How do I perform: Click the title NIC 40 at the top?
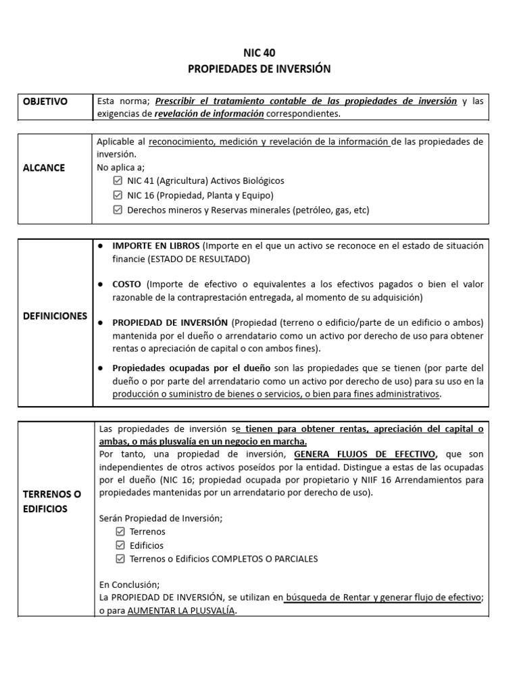pyautogui.click(x=259, y=53)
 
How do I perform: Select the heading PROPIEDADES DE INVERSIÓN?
pyautogui.click(x=259, y=69)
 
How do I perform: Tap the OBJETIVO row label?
pyautogui.click(x=45, y=101)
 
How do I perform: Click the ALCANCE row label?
pyautogui.click(x=44, y=168)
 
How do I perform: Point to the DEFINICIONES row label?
pyautogui.click(x=55, y=316)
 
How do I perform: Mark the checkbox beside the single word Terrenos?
pyautogui.click(x=120, y=532)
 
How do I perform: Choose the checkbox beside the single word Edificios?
pyautogui.click(x=120, y=545)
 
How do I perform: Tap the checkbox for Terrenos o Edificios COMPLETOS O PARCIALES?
pyautogui.click(x=120, y=559)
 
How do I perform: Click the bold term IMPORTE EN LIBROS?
pyautogui.click(x=155, y=245)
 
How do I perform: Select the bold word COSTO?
pyautogui.click(x=126, y=284)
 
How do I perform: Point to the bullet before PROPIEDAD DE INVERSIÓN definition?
pyautogui.click(x=100, y=322)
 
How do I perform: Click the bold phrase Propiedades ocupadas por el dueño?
pyautogui.click(x=191, y=368)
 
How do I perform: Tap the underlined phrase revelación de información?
pyautogui.click(x=209, y=114)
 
